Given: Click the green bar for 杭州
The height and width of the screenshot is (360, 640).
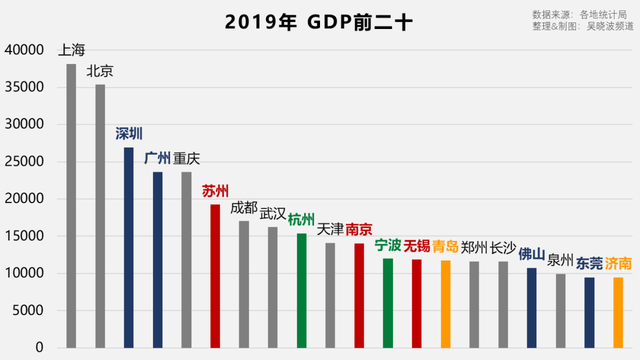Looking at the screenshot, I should click(x=301, y=290).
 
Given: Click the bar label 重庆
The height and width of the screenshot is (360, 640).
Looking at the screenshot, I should click(x=186, y=159).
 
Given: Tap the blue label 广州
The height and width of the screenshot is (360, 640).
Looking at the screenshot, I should click(x=157, y=158).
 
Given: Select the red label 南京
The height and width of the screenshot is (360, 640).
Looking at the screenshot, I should click(x=359, y=229).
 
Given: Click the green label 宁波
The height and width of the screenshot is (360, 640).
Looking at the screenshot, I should click(x=388, y=244).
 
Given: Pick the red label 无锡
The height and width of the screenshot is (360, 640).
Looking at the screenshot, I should click(x=417, y=246).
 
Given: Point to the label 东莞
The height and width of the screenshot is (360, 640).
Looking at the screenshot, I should click(x=589, y=264).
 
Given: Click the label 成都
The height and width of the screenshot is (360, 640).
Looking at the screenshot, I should click(x=244, y=207).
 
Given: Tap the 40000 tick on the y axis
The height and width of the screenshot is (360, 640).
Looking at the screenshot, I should click(x=25, y=50).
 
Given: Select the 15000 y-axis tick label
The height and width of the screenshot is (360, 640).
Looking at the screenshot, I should click(x=25, y=236).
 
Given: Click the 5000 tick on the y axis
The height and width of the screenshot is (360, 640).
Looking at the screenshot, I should click(x=28, y=310).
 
